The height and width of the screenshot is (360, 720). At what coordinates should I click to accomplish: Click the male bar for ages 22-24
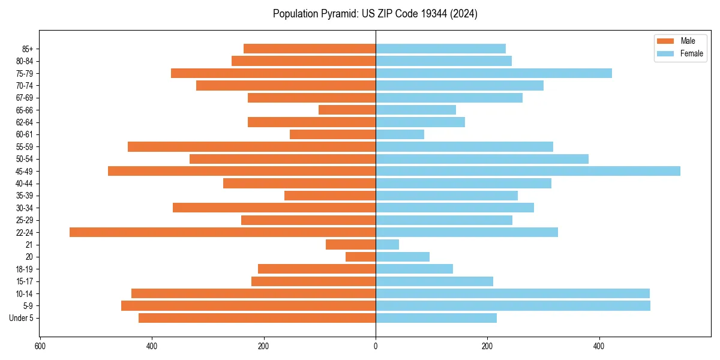pyautogui.click(x=223, y=232)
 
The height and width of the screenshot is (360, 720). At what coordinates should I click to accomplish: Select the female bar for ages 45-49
pyautogui.click(x=528, y=171)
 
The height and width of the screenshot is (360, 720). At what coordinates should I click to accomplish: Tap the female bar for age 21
pyautogui.click(x=387, y=244)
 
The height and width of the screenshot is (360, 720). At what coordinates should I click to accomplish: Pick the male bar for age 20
pyautogui.click(x=361, y=257)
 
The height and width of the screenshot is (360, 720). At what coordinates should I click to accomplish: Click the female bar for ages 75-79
pyautogui.click(x=494, y=73)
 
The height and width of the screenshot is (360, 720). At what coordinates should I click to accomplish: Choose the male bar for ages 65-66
pyautogui.click(x=347, y=110)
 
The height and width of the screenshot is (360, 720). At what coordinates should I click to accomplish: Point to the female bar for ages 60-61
pyautogui.click(x=400, y=134)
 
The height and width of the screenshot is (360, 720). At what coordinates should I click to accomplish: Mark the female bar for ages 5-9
pyautogui.click(x=513, y=305)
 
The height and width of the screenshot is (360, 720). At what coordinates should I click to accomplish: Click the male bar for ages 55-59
pyautogui.click(x=251, y=146)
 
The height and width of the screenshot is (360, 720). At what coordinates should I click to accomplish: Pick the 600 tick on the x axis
pyautogui.click(x=40, y=346)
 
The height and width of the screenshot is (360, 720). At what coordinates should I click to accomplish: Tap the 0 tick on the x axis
pyautogui.click(x=376, y=346)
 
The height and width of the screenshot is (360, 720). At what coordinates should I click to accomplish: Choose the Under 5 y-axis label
pyautogui.click(x=21, y=318)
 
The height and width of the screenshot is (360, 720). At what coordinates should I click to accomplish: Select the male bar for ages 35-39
pyautogui.click(x=330, y=196)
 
